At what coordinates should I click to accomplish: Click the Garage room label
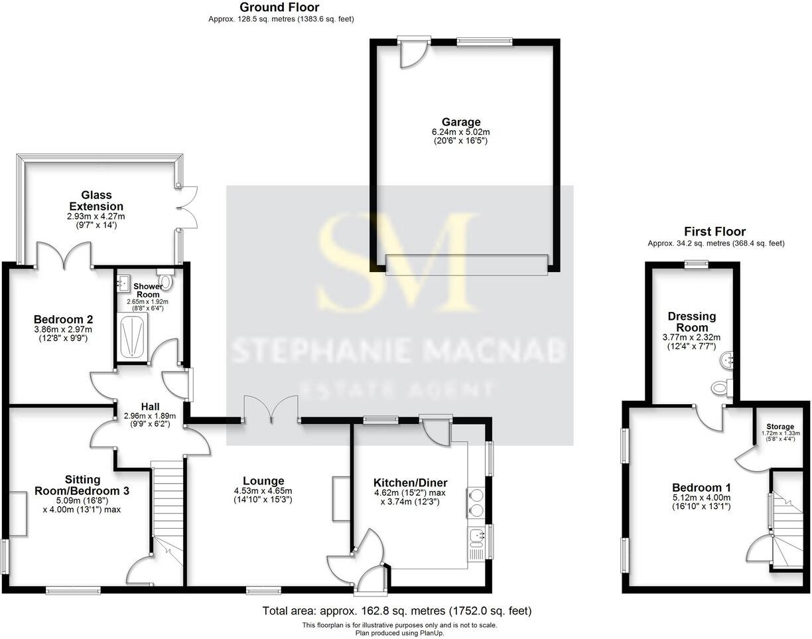click(461, 122)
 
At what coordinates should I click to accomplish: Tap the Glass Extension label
click(96, 200)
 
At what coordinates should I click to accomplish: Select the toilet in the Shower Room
click(166, 283)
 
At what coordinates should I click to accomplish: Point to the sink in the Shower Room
click(123, 284)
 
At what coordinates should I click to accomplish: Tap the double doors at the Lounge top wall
click(271, 409)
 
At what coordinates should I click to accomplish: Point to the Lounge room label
click(263, 481)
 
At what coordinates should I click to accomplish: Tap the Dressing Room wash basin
click(728, 360)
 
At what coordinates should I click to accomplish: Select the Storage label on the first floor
click(779, 426)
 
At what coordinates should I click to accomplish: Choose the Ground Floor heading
click(279, 8)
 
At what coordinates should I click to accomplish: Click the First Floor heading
click(715, 232)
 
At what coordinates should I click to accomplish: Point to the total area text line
click(397, 611)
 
